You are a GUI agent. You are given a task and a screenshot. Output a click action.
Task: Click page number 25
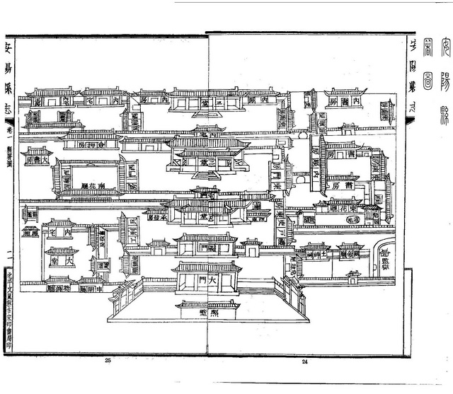(108, 361)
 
